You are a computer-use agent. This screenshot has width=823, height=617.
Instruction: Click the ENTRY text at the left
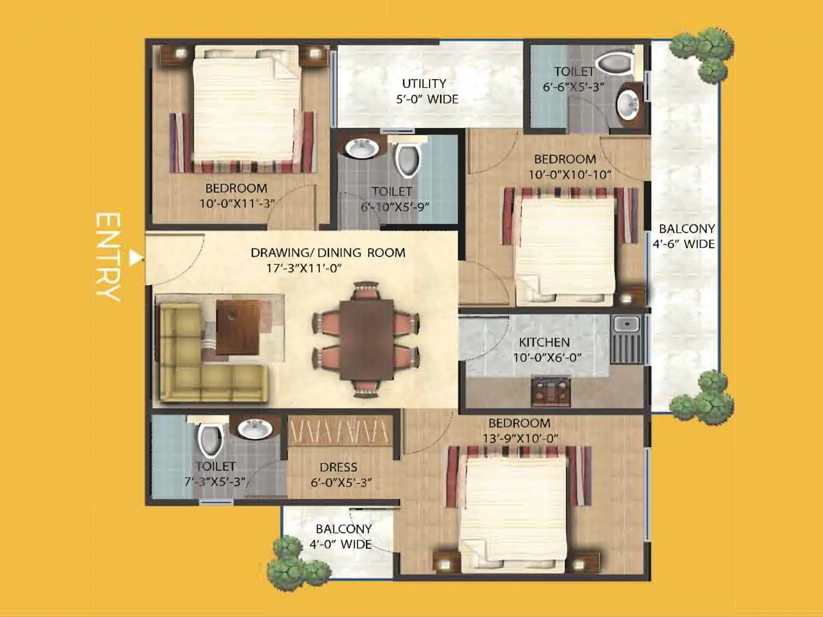pyautogui.click(x=108, y=256)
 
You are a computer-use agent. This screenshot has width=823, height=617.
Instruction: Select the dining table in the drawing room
pyautogui.click(x=367, y=339)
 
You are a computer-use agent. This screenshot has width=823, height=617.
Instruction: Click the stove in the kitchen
pyautogui.click(x=551, y=392)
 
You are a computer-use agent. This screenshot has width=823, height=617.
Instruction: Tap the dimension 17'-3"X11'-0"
pyautogui.click(x=303, y=268)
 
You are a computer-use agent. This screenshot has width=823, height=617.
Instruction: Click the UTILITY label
pyautogui.click(x=424, y=83)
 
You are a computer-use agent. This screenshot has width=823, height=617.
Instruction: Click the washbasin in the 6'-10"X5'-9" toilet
pyautogui.click(x=361, y=148)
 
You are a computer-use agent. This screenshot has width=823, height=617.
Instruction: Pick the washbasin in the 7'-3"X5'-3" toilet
pyautogui.click(x=254, y=429)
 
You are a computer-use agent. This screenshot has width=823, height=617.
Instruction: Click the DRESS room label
pyautogui.click(x=338, y=467)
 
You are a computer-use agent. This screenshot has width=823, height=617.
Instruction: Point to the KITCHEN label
pyautogui.click(x=544, y=342)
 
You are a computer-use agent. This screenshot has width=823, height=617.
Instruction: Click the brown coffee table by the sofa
pyautogui.click(x=238, y=327)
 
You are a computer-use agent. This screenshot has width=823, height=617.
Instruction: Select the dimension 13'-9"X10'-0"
pyautogui.click(x=520, y=438)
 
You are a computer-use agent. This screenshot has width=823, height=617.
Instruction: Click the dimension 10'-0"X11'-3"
pyautogui.click(x=236, y=203)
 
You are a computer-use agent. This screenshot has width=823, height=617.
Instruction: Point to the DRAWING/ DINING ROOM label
pyautogui.click(x=328, y=252)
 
